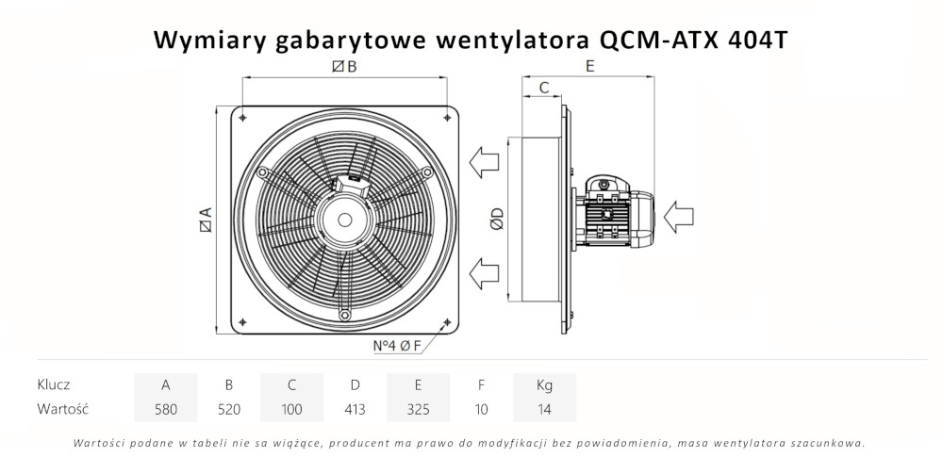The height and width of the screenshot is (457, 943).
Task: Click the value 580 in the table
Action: (166, 409)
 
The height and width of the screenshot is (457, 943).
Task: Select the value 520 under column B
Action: (229, 409)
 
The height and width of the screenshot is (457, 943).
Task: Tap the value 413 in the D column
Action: (355, 409)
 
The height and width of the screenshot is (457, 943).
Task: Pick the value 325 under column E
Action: (418, 409)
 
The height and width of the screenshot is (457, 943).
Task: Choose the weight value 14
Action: (544, 409)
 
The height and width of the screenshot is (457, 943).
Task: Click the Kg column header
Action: (544, 384)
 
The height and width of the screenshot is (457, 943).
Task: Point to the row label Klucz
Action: (55, 384)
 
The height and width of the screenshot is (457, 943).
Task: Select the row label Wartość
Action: (62, 409)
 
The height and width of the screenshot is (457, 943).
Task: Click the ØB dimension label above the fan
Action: (344, 66)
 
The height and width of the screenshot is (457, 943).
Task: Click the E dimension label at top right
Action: (589, 66)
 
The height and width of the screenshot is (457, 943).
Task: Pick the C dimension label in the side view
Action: (544, 88)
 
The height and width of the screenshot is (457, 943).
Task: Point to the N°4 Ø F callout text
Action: (398, 346)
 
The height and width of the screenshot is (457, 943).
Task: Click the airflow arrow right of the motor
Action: (682, 218)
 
